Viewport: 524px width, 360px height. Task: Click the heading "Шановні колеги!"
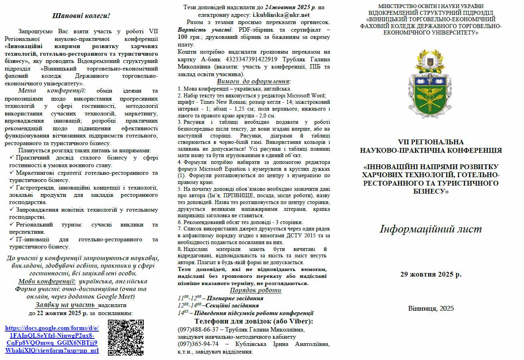tap(81, 16)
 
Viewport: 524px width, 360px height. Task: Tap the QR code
tap(126, 337)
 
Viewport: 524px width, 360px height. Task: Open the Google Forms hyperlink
tap(52, 339)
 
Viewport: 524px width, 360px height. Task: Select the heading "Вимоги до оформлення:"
tap(254, 81)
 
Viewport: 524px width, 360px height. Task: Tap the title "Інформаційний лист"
tap(431, 229)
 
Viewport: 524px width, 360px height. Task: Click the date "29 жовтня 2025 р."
tap(431, 275)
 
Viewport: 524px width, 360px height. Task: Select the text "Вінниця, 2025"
tap(431, 308)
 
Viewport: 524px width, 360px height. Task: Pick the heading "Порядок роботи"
tap(256, 290)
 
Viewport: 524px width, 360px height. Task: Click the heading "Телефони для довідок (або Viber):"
tap(254, 322)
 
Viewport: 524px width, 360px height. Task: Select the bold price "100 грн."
tap(187, 37)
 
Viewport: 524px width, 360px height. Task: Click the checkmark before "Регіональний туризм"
tap(12, 224)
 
